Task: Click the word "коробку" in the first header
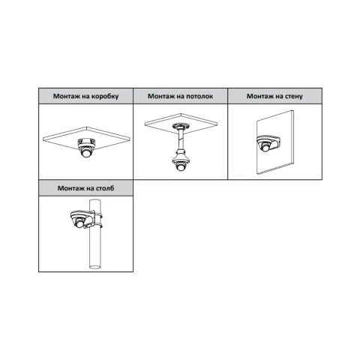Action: point(105,96)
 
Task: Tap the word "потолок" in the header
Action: point(199,96)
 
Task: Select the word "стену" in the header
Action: point(292,96)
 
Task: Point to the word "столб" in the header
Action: point(103,188)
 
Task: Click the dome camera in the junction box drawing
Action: point(86,148)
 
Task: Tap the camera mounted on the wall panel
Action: point(267,143)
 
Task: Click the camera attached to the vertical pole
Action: point(80,220)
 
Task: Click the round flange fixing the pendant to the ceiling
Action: point(181,125)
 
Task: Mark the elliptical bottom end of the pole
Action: point(95,266)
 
